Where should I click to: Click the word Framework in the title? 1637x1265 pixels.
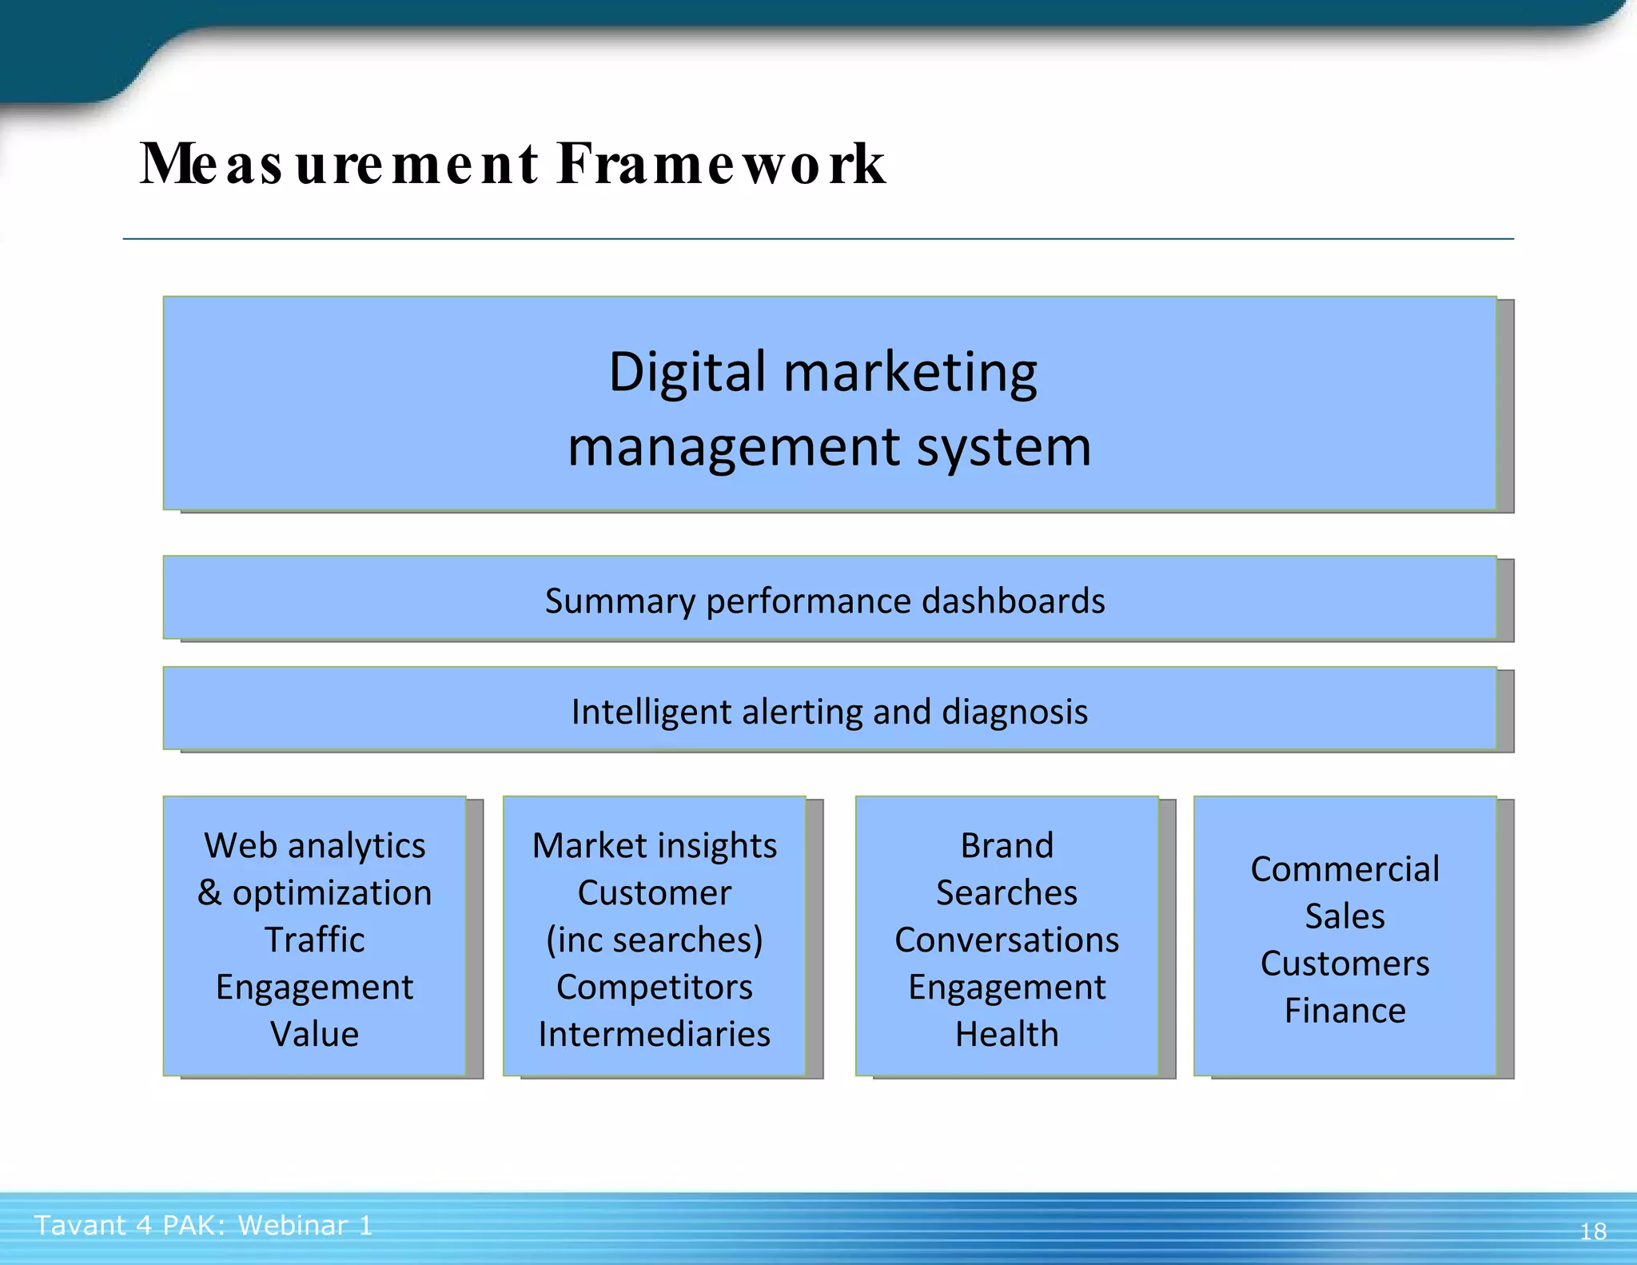[x=721, y=164]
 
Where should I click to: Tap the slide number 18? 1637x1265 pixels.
[x=1593, y=1231]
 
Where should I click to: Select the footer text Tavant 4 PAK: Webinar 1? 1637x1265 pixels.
[x=204, y=1225]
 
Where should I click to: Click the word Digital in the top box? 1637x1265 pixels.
[x=687, y=373]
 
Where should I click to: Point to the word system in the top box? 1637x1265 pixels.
[x=1004, y=447]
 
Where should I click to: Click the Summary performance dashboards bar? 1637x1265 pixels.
[x=825, y=601]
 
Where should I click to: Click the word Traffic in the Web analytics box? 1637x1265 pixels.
[x=314, y=940]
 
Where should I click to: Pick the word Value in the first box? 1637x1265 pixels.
[x=314, y=1034]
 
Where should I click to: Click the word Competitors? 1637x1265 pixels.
[x=654, y=987]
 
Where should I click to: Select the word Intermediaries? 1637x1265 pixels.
[x=654, y=1034]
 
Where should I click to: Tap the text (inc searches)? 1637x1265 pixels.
[x=654, y=940]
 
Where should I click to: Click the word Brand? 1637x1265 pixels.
[x=1006, y=845]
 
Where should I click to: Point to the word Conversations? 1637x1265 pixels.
[x=1006, y=940]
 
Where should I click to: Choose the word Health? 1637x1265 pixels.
[x=1006, y=1034]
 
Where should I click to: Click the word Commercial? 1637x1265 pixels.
[x=1344, y=869]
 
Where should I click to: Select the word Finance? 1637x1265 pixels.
[x=1344, y=1011]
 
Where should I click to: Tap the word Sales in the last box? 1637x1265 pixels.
[x=1344, y=916]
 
